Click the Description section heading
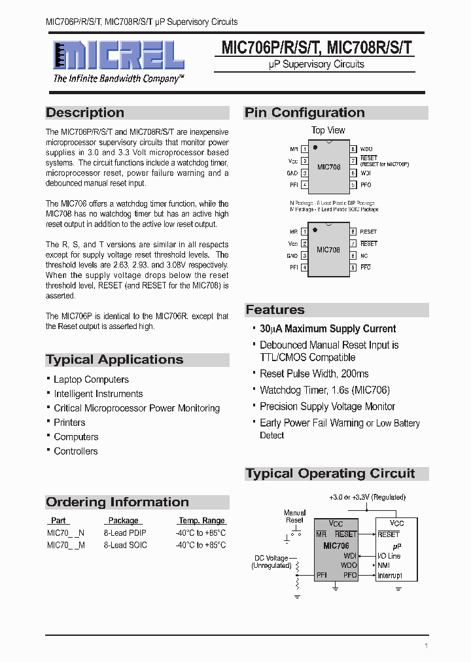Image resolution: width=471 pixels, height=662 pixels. tap(85, 113)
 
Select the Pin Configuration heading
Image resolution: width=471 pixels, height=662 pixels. tap(305, 113)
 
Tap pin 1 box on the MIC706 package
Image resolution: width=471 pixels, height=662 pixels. tap(304, 150)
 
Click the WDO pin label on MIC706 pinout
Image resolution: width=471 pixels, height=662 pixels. tap(366, 150)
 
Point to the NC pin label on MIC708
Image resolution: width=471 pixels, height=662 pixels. tap(364, 256)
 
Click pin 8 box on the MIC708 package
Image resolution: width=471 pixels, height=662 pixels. tap(353, 232)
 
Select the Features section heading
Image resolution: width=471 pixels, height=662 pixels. tap(275, 310)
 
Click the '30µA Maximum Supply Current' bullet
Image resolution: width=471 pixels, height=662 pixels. tap(328, 329)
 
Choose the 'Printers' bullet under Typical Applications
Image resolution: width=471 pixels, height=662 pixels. tap(69, 423)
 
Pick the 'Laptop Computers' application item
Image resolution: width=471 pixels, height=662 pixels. tap(91, 379)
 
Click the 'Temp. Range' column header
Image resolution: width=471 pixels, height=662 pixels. tap(201, 521)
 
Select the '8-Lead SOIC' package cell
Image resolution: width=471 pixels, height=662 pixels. tap(125, 545)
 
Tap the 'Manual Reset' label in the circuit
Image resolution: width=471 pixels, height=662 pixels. tap(294, 517)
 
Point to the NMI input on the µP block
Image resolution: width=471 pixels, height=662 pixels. tap(384, 565)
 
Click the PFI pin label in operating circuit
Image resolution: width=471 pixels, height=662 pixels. tap(321, 575)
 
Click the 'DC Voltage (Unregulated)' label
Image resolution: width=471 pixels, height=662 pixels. tap(271, 562)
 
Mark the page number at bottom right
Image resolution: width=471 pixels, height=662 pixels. tap(426, 646)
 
